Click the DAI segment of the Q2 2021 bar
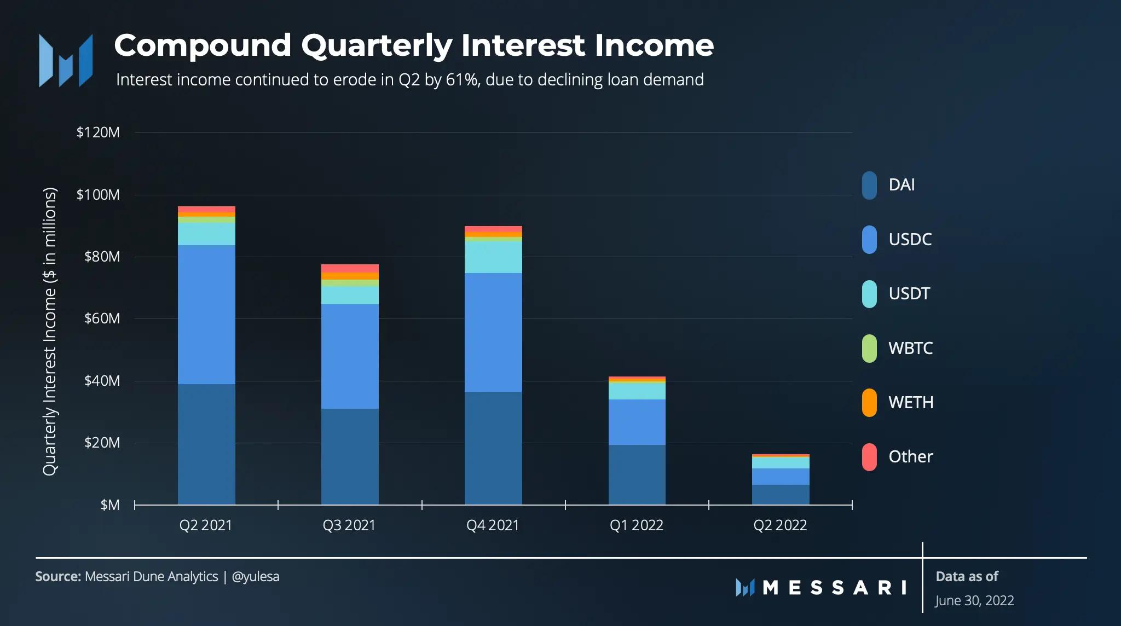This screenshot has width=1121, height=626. coord(206,444)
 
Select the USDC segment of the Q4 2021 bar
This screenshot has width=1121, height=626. coord(493,332)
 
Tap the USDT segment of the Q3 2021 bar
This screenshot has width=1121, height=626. coord(350,295)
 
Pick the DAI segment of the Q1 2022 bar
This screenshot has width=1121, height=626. coord(637,474)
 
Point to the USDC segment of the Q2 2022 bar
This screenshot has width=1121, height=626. coord(781,476)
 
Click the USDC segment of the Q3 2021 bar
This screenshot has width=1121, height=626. coord(350,356)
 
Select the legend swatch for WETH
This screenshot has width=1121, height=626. coord(869,403)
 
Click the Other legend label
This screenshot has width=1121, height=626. coord(910,456)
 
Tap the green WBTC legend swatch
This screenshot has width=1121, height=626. coord(869,349)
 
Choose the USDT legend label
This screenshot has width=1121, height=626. coord(909,294)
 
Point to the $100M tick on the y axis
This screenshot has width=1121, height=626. coord(98,195)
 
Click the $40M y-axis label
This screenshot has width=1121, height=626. coord(102,381)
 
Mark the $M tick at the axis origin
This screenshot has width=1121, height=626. coord(109,505)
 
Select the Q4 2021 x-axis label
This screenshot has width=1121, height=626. coord(493,525)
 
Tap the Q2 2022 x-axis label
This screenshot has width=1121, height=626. coord(780,525)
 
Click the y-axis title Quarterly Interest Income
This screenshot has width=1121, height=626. coord(50,332)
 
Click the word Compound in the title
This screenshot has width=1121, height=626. coord(203,45)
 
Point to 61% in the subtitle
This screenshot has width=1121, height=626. coord(462,80)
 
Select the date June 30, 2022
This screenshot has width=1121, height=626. coord(974,601)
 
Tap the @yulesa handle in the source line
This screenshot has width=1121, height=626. coord(256,577)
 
